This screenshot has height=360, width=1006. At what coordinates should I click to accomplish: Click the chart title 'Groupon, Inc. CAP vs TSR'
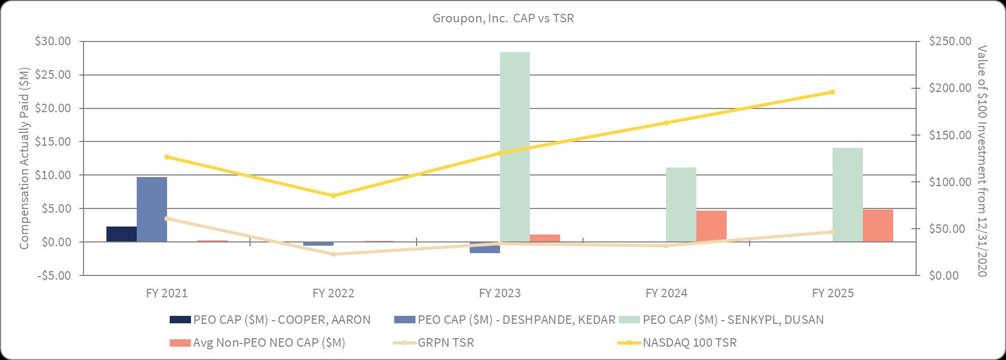click(503, 18)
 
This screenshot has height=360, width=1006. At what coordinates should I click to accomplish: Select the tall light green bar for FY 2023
click(515, 147)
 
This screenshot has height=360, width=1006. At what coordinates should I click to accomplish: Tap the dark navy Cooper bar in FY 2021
click(121, 234)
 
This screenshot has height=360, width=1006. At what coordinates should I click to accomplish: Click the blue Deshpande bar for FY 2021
click(152, 210)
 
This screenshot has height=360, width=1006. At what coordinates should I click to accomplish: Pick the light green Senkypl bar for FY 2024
click(681, 205)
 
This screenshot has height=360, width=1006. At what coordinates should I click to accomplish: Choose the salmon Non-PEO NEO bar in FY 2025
click(878, 225)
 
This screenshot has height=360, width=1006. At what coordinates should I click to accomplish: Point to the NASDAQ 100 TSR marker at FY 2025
click(833, 92)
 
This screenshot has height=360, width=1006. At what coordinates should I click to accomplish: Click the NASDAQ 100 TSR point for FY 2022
click(334, 196)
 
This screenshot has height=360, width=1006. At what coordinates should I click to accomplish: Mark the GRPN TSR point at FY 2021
click(167, 219)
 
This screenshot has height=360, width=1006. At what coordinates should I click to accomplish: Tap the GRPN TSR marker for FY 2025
click(833, 232)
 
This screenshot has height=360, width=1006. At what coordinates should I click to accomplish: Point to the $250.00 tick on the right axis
click(950, 41)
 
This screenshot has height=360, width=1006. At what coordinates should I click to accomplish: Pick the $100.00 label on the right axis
click(950, 182)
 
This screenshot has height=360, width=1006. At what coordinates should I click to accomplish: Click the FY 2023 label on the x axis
click(500, 293)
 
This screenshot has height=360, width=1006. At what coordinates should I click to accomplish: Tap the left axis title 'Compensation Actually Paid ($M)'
click(24, 158)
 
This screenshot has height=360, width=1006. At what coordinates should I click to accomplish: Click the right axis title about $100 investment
click(982, 161)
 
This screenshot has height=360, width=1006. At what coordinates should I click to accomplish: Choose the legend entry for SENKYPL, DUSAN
click(720, 320)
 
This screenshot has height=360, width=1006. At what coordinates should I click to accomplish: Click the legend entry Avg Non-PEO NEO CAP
click(257, 342)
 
